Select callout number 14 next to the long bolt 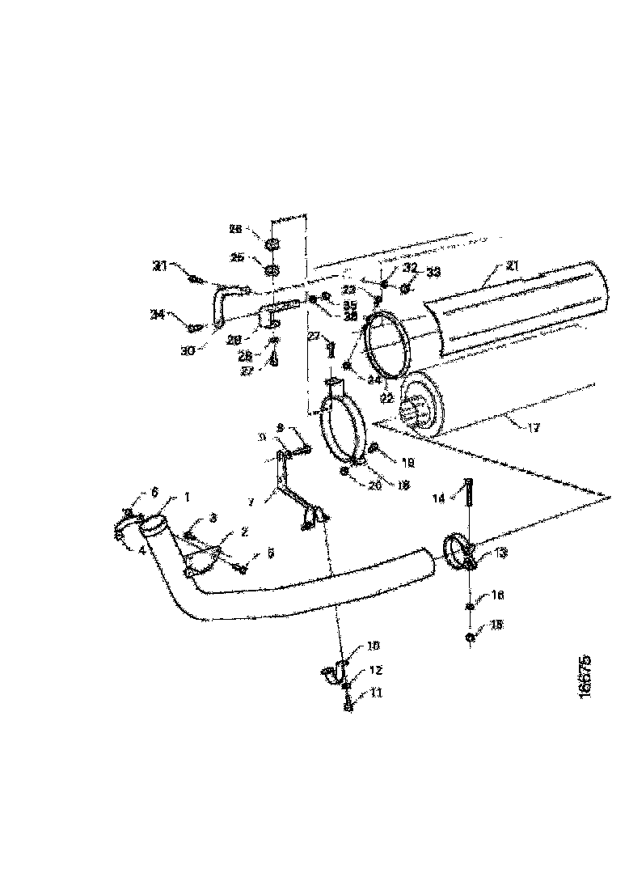click(x=439, y=499)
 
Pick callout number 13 click(x=501, y=553)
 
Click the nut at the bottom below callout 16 click(x=471, y=638)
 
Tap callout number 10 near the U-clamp click(x=373, y=646)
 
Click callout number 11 click(x=375, y=693)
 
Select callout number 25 click(x=237, y=257)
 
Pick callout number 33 click(x=435, y=273)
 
